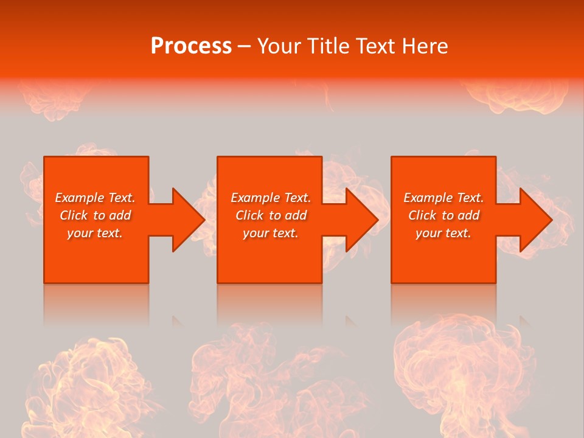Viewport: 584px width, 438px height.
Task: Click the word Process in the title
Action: (191, 46)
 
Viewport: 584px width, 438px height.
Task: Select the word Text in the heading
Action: (375, 46)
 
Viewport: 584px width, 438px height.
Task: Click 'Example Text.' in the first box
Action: (95, 198)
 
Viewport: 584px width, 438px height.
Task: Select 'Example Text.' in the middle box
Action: (270, 198)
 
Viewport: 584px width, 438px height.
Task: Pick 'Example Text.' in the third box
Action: (443, 198)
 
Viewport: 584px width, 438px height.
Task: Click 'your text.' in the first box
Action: (95, 233)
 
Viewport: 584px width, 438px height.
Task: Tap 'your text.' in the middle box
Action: (270, 233)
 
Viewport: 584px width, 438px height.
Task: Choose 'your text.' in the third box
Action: (443, 233)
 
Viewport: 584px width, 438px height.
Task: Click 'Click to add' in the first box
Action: (95, 215)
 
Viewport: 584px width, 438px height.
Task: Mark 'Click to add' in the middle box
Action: (270, 215)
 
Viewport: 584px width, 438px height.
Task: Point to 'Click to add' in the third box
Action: (443, 215)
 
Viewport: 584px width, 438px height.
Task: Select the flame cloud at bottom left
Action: (91, 383)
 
